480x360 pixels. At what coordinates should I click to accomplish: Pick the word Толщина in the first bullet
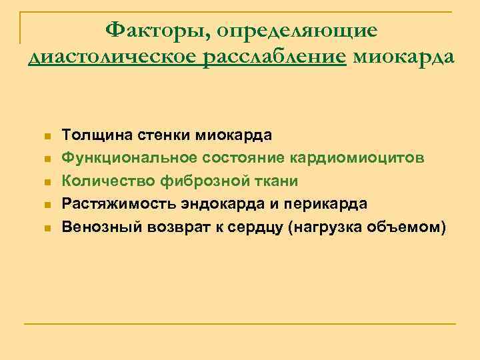(91, 135)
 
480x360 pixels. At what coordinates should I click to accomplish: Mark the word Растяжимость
(113, 203)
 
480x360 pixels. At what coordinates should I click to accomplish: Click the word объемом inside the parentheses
(407, 226)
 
